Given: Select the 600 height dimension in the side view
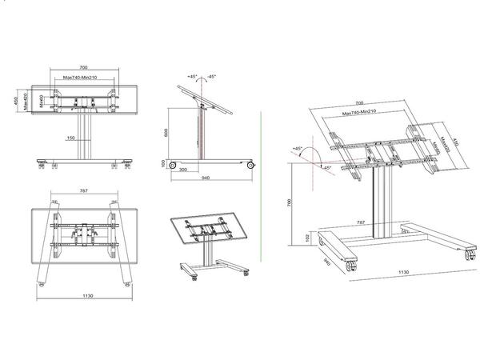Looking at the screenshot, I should click(x=165, y=134).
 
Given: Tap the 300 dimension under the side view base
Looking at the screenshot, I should click(x=183, y=170).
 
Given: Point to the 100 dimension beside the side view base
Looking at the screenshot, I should click(x=162, y=162).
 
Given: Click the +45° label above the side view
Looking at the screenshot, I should click(x=192, y=76).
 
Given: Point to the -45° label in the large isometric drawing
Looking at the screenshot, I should click(x=326, y=167).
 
